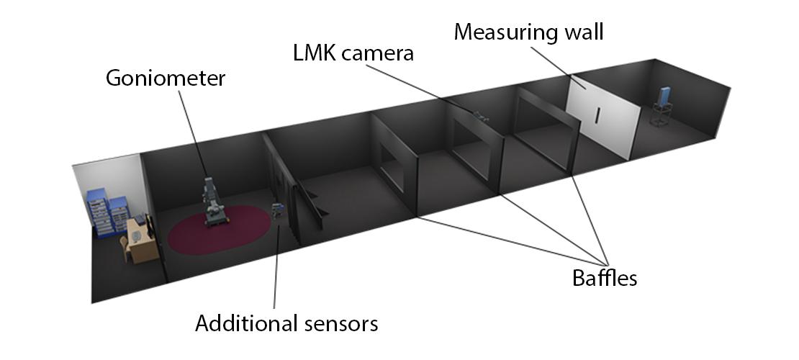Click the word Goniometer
click(x=165, y=77)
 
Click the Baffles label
click(x=605, y=278)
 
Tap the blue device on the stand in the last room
click(x=666, y=95)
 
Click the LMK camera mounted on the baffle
click(x=479, y=113)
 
